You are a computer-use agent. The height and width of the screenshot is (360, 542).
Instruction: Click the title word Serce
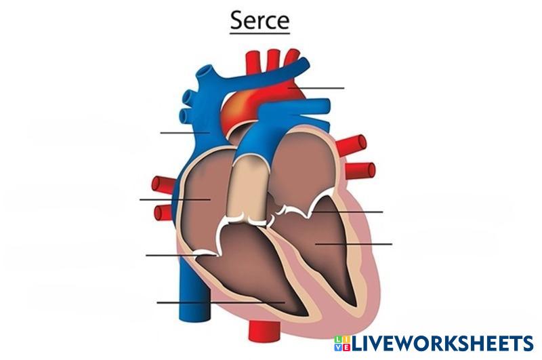tap(259, 20)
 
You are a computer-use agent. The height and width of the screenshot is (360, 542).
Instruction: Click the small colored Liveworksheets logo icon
tap(341, 343)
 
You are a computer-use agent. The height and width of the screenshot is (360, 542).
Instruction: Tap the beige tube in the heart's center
tap(248, 186)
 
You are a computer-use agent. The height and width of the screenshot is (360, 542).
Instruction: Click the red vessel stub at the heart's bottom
tap(260, 331)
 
